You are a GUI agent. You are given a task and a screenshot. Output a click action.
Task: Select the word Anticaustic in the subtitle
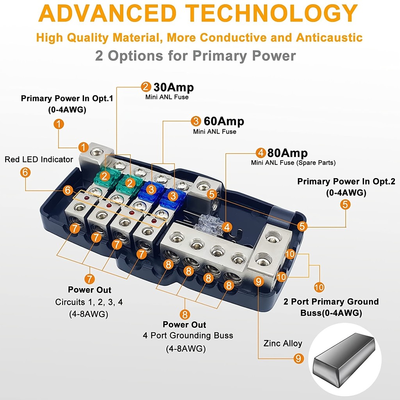(x=329, y=37)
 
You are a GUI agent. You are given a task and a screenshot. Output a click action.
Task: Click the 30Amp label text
(x=173, y=87)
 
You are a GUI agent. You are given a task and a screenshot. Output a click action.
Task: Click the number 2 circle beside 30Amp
(x=146, y=87)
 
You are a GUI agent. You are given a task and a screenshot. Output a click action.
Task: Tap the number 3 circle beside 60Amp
(x=196, y=121)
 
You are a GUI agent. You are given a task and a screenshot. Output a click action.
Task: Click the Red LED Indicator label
(x=39, y=159)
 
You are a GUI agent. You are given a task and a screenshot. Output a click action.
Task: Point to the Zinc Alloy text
(x=282, y=343)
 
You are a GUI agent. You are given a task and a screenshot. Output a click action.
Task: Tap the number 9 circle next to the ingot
(x=298, y=358)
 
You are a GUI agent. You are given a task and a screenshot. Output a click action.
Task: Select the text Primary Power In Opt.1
(x=67, y=98)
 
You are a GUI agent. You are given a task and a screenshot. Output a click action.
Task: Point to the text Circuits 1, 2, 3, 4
(x=89, y=302)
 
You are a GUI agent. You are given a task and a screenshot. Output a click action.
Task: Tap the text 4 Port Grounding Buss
(x=188, y=336)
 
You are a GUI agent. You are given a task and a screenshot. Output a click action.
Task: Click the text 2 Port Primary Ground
(x=331, y=302)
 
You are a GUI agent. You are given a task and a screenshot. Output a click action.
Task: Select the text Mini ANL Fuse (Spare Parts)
(x=293, y=162)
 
